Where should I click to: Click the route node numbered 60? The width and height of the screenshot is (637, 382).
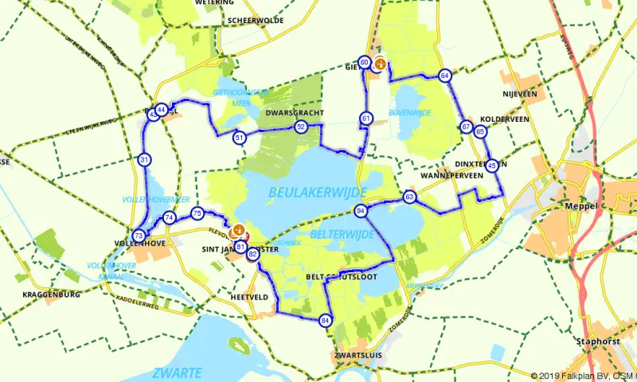pos(364,62)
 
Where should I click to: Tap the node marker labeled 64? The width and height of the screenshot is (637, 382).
pos(444,75)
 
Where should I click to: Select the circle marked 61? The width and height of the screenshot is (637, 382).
pos(366,119)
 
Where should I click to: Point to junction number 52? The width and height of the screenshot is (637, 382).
pos(300,127)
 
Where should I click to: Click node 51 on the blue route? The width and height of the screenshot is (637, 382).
pos(240,138)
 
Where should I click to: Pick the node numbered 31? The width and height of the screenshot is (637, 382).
pos(144,159)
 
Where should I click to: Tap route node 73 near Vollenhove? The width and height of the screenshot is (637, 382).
pos(139,236)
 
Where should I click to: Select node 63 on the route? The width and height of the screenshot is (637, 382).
pos(409,196)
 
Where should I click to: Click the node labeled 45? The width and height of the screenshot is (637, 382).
pos(492,166)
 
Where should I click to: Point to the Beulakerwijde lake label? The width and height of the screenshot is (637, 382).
pos(317,193)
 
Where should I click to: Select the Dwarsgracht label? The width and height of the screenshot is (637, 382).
pos(292,113)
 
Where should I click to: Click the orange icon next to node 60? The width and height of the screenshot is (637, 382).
pos(381,64)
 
